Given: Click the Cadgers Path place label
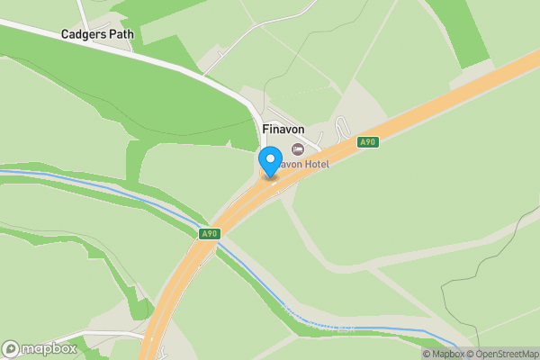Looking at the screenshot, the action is tap(96, 34).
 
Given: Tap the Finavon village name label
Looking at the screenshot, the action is tap(283, 130).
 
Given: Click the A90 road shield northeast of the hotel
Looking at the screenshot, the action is tap(366, 142).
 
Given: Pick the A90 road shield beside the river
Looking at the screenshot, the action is tap(209, 234).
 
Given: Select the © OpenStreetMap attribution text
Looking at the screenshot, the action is tap(506, 353).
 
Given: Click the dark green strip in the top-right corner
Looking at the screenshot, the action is tap(459, 31).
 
